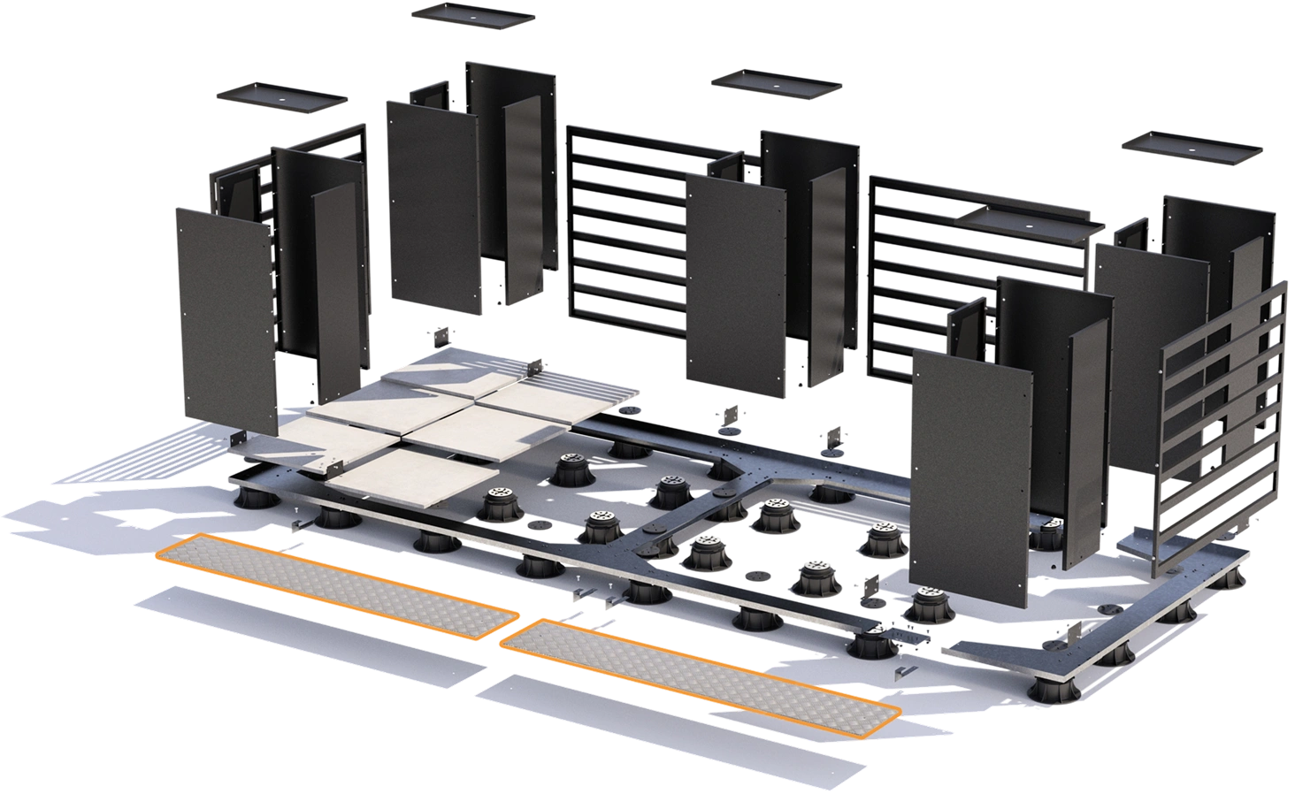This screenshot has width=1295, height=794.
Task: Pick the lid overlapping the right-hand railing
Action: pos(1031,224)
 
